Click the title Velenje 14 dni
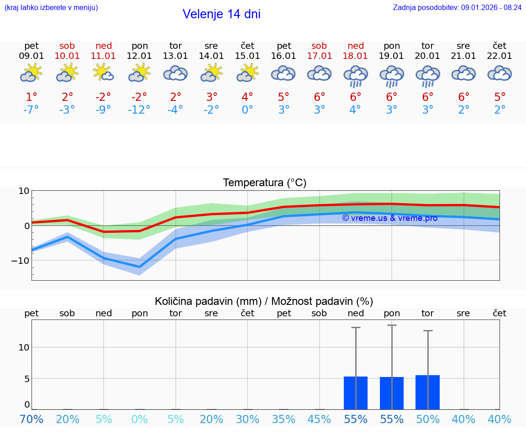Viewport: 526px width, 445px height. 221,14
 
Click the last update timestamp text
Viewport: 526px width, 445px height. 457,8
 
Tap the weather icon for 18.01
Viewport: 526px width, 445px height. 356,76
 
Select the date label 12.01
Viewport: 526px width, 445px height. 139,56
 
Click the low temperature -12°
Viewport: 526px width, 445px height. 139,110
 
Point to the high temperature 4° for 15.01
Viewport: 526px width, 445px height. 247,97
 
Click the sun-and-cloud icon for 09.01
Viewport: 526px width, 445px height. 32,73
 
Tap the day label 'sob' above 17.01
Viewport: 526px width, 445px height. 319,46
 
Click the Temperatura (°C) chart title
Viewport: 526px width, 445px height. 264,183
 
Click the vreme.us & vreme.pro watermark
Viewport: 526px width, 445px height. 389,218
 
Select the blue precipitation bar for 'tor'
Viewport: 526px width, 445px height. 427,392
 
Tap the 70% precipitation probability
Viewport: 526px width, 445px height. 32,419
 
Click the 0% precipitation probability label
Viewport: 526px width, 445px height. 139,419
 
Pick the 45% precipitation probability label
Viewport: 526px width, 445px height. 319,419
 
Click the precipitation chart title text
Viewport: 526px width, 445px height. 264,301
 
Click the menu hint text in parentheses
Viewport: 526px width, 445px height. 51,8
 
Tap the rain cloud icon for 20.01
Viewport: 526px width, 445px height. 427,76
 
